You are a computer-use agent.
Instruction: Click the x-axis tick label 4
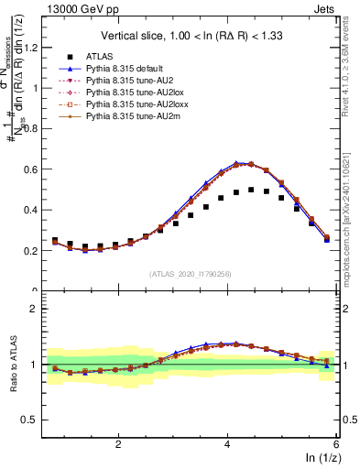tap(227, 443)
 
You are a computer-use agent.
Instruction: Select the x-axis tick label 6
tap(335, 443)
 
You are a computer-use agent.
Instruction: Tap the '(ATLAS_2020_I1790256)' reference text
tap(191, 274)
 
